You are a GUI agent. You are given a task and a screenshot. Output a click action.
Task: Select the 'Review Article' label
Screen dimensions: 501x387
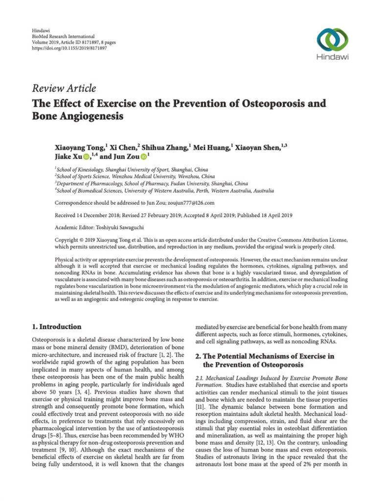(x=64, y=89)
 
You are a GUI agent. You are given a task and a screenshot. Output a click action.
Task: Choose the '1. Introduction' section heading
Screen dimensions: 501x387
(x=56, y=326)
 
